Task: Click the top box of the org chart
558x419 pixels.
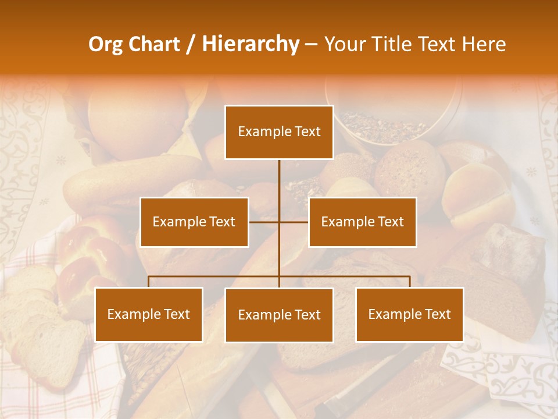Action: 279,132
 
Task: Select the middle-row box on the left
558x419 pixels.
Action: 194,222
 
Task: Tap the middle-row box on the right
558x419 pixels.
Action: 362,222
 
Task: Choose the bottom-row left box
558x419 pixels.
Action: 149,314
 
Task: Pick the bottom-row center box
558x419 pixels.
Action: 279,315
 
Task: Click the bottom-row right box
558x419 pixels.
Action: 409,314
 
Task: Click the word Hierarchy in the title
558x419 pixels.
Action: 250,44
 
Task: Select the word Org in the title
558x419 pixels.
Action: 105,44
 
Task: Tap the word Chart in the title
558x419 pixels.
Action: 153,44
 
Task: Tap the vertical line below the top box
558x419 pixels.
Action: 279,177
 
